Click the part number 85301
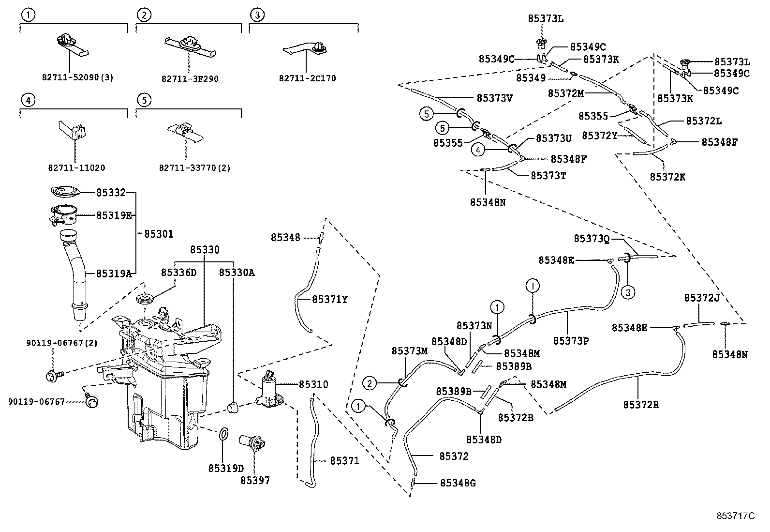tap(159, 234)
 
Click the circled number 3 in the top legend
tap(257, 15)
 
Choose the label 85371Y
tap(329, 300)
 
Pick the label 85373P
tap(571, 341)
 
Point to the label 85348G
tap(458, 483)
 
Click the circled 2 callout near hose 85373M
tap(370, 384)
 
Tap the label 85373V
tap(494, 98)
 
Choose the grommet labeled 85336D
tap(147, 299)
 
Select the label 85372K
tap(667, 177)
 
